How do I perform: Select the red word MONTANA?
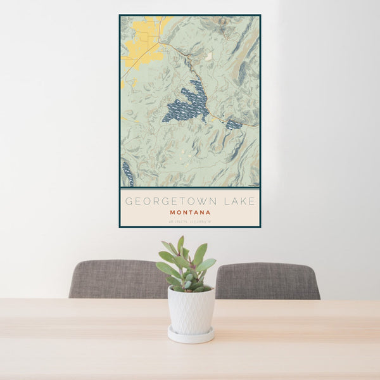190,213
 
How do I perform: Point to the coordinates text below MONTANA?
190,220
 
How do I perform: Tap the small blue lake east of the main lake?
233,124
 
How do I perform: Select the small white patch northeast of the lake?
208,57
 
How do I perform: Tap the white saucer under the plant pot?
191,336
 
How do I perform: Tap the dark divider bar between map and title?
190,188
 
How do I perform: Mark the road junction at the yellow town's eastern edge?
160,43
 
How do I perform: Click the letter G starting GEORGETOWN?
129,201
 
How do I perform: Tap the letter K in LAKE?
243,201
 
